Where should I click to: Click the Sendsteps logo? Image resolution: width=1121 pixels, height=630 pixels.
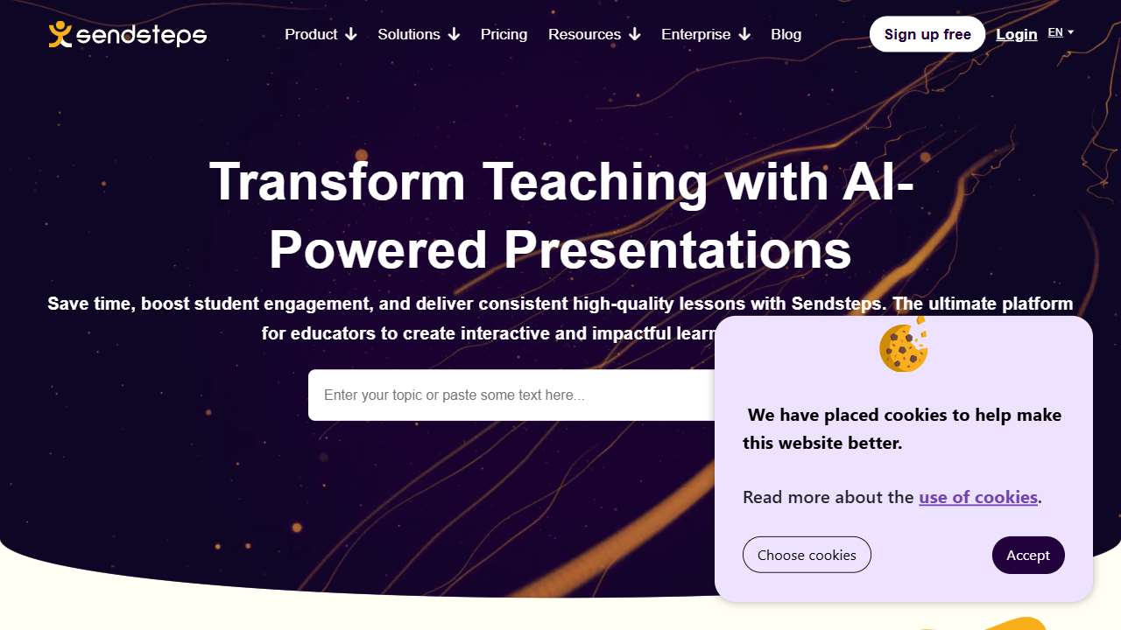pyautogui.click(x=128, y=34)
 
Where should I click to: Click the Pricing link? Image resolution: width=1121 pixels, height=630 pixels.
pyautogui.click(x=504, y=34)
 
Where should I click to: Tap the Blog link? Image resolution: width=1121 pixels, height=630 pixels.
pyautogui.click(x=786, y=34)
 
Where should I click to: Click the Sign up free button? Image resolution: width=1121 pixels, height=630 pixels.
pyautogui.click(x=927, y=34)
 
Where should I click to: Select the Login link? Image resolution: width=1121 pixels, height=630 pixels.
pyautogui.click(x=1017, y=34)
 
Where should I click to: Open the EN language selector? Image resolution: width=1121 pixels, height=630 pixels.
pyautogui.click(x=1060, y=32)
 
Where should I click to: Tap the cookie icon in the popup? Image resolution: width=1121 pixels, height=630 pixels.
pyautogui.click(x=903, y=346)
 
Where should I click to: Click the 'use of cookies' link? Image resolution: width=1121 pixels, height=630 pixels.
pyautogui.click(x=977, y=497)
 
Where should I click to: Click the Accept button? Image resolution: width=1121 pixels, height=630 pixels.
pyautogui.click(x=1028, y=555)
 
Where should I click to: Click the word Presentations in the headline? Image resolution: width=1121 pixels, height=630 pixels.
pyautogui.click(x=677, y=249)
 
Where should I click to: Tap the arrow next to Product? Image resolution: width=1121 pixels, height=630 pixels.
pyautogui.click(x=351, y=34)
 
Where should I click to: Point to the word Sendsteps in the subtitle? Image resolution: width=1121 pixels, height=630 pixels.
pyautogui.click(x=839, y=304)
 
